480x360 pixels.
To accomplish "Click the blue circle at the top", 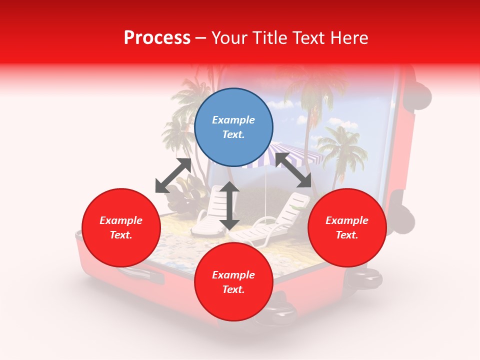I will [x=233, y=127].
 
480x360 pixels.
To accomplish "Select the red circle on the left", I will [x=121, y=227].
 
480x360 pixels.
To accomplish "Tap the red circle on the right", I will [x=347, y=227].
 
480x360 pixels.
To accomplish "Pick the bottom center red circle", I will [x=233, y=282].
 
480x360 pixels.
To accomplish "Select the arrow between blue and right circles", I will [x=293, y=170].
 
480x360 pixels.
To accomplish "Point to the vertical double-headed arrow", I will [x=229, y=205].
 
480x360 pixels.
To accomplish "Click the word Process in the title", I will [x=157, y=38].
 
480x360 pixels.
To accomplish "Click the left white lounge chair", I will [x=210, y=210].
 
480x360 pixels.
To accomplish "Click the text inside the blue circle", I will [x=233, y=127].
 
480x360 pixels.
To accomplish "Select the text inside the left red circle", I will [x=121, y=227].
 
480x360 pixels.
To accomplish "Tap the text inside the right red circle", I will [x=347, y=227].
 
